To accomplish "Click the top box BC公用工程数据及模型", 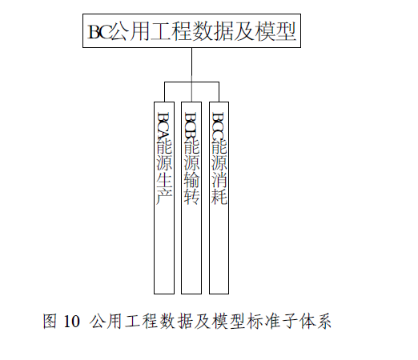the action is (x=191, y=31).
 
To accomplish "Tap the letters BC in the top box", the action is (x=99, y=32).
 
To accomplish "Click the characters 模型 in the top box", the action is (x=276, y=31).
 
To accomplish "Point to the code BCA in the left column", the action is (x=164, y=125).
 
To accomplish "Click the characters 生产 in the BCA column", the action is (x=164, y=189).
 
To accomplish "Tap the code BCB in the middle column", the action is (x=191, y=125).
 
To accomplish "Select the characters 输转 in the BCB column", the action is (x=191, y=189).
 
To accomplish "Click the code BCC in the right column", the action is (x=219, y=125).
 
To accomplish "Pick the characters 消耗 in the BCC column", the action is (x=219, y=189).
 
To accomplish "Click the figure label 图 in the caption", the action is (x=50, y=321).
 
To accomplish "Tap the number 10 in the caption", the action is (x=71, y=321).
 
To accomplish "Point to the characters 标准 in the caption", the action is (x=263, y=321).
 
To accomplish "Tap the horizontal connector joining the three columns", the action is (x=191, y=82).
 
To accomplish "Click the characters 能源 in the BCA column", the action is (x=164, y=155).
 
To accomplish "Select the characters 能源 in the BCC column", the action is (x=219, y=155).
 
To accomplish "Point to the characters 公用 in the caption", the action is (x=106, y=321).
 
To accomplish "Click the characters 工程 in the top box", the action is (x=171, y=31).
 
